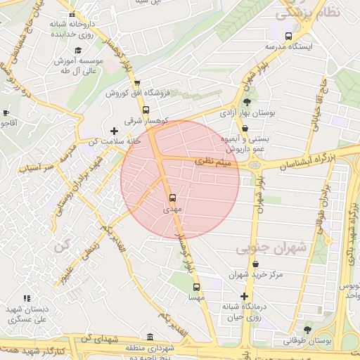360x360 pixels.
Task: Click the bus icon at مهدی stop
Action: (x=173, y=197)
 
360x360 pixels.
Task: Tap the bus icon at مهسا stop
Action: (x=196, y=286)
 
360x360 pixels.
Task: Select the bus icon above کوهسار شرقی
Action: (x=146, y=110)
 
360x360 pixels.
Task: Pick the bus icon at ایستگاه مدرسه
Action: (x=288, y=36)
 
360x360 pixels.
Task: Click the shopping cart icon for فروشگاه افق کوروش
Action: (x=136, y=82)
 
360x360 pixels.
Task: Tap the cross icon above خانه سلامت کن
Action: (x=114, y=130)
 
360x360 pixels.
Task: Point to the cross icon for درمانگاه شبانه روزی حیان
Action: (x=244, y=296)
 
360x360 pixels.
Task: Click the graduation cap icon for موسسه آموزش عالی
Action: (x=78, y=50)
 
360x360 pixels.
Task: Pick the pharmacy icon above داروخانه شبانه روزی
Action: (x=71, y=13)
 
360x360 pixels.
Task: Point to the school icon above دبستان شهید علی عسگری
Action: (x=27, y=298)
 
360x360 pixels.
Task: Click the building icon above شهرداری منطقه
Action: (x=150, y=337)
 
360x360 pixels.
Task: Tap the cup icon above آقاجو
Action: (x=6, y=112)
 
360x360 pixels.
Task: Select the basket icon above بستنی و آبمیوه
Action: (x=244, y=128)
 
